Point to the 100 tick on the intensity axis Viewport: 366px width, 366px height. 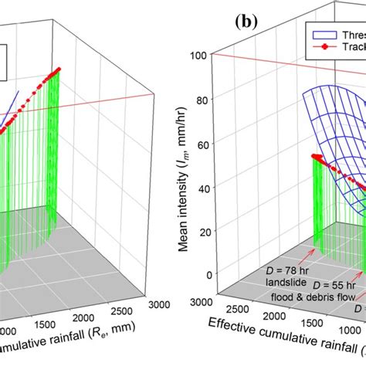pos(202,55)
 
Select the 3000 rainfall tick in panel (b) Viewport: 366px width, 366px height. pos(203,300)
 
